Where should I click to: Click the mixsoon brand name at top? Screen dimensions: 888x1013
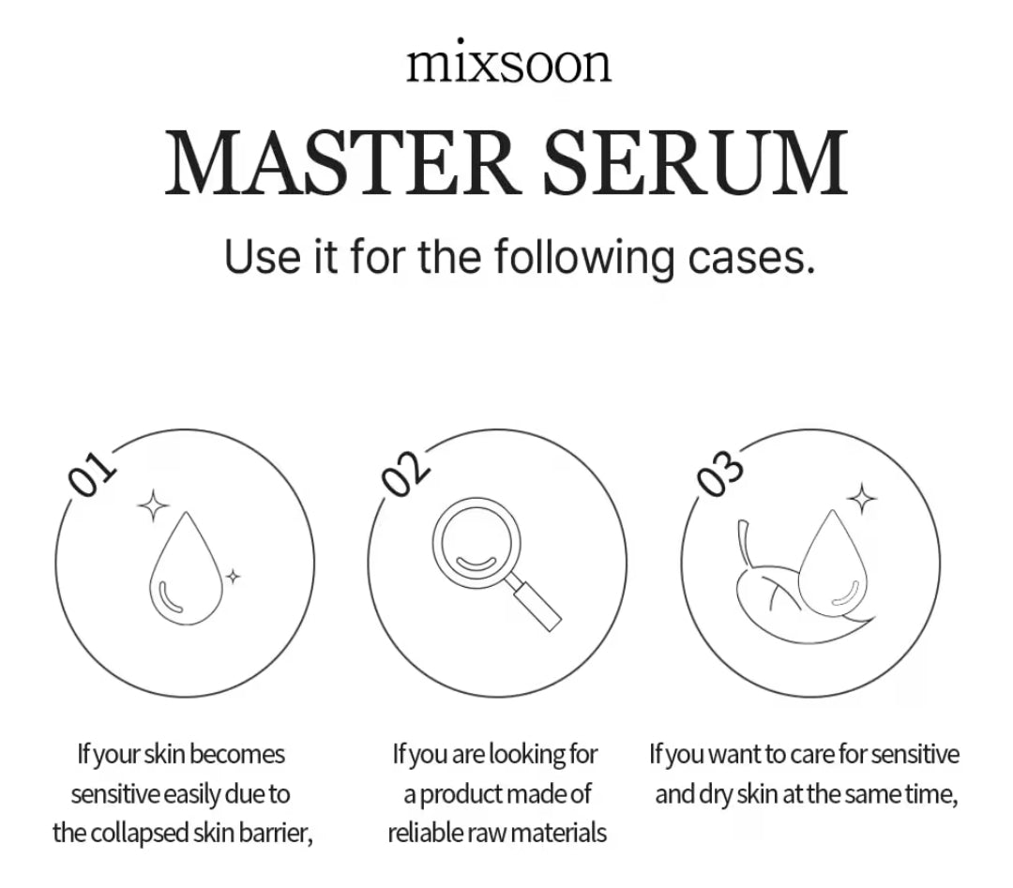[x=507, y=64]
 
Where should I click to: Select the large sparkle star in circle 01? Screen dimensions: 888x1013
[x=153, y=504]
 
